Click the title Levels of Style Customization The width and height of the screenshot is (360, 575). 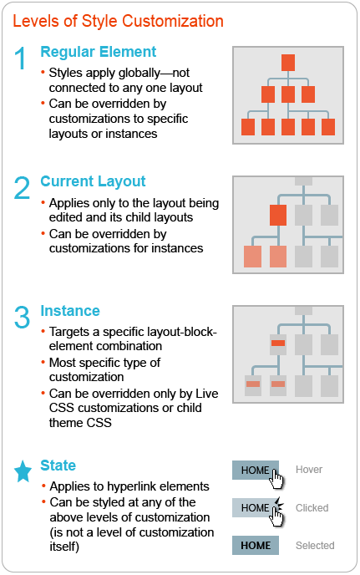click(118, 21)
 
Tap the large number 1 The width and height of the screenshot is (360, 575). click(21, 58)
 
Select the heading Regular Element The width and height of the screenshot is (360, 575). click(99, 52)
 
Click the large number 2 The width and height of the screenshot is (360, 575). click(22, 187)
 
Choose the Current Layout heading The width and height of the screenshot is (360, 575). click(93, 181)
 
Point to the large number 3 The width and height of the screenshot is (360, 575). click(22, 317)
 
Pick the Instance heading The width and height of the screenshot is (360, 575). click(70, 311)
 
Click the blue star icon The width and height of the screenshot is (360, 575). click(23, 471)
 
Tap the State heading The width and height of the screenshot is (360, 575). click(58, 466)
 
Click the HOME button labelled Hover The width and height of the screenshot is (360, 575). click(255, 471)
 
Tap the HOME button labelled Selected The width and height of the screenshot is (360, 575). click(255, 545)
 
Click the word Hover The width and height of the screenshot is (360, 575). click(309, 470)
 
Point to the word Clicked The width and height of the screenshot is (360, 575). click(312, 508)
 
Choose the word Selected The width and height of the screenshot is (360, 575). click(315, 545)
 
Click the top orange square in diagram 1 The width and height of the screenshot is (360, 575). click(288, 63)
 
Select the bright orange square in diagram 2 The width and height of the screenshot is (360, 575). click(278, 215)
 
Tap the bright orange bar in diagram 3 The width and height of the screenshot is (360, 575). click(278, 343)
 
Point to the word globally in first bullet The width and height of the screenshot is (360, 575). click(140, 73)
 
